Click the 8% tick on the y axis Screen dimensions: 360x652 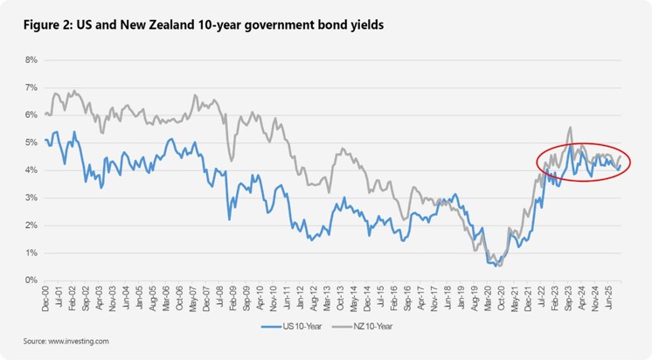31,60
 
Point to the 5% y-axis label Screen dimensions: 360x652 31,143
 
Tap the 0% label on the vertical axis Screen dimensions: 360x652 31,280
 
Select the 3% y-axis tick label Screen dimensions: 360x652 31,198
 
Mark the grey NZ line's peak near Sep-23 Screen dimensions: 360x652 569,128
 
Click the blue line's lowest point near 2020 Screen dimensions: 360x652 496,266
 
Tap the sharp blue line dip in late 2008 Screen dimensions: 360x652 229,218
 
